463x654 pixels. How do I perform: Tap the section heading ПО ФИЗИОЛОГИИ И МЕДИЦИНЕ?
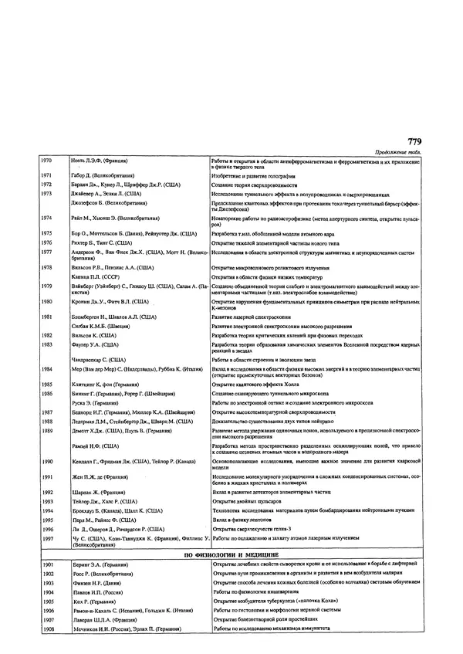pos(231,576)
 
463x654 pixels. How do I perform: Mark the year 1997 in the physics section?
pos(47,561)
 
